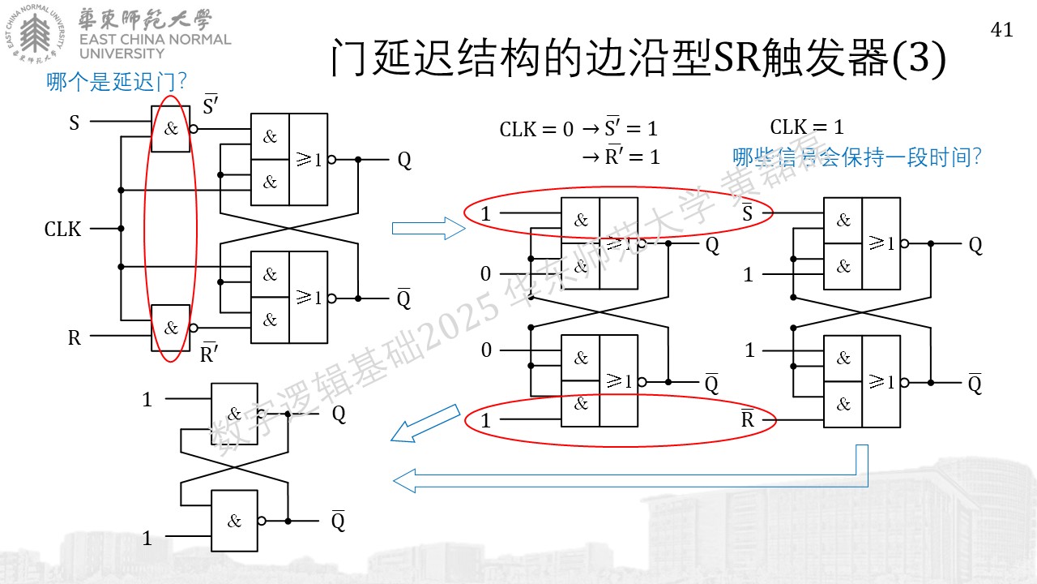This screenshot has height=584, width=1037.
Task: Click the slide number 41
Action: (x=1002, y=30)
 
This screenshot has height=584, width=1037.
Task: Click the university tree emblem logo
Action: (x=35, y=33)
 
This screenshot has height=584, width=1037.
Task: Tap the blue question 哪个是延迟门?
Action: (x=116, y=82)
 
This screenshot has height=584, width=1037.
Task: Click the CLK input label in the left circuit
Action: (x=62, y=229)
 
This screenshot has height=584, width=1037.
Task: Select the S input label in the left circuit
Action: (x=74, y=122)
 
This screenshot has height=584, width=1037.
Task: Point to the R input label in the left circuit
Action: (x=74, y=338)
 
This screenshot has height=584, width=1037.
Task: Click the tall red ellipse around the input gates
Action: (x=144, y=229)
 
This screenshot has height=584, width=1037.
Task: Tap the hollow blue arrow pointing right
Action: (x=429, y=229)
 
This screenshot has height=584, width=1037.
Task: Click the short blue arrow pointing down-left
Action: (x=425, y=423)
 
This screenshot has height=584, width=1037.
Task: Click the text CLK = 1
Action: (x=807, y=127)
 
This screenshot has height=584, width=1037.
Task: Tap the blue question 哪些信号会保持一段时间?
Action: (x=857, y=157)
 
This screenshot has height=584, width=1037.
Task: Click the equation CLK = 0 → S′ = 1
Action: (x=578, y=128)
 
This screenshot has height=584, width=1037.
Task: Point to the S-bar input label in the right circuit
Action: (x=747, y=213)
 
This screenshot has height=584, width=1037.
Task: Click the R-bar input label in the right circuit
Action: (x=748, y=419)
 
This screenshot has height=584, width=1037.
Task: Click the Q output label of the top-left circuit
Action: (x=404, y=161)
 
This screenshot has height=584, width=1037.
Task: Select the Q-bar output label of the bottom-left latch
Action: (x=338, y=521)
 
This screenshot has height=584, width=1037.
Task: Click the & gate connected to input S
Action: (x=170, y=129)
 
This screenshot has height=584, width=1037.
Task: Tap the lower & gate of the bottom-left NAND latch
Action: (x=234, y=521)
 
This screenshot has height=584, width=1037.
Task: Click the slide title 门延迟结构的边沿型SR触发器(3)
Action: (x=638, y=58)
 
